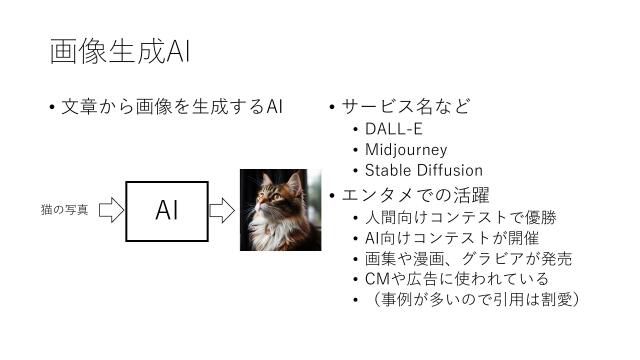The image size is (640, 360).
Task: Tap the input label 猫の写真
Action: pos(64,210)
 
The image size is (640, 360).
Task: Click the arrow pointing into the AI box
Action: pos(110,210)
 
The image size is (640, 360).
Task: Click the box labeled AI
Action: pos(167,210)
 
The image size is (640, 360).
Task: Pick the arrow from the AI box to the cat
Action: pos(221,210)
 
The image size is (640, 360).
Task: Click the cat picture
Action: pos(273,209)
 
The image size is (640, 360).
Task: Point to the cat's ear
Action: pos(294,183)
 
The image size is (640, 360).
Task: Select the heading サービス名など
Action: pos(405,107)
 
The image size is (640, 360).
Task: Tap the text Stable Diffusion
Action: pos(424,170)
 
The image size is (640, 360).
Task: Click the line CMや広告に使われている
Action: pos(457,278)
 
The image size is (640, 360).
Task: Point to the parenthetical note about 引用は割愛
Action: pos(474,299)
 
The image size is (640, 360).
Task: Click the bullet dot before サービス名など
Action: pos(331,108)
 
